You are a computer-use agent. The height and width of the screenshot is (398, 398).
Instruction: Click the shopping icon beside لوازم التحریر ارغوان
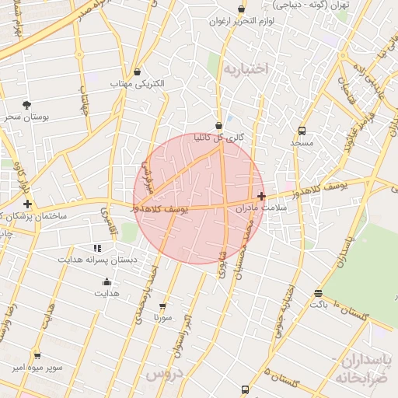click(x=241, y=9)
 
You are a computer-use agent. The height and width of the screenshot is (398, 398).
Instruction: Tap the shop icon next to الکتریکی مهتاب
click(x=138, y=72)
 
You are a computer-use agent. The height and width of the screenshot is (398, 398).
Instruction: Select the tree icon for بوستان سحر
click(x=27, y=105)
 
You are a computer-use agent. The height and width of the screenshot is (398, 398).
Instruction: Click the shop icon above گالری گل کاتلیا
click(x=218, y=125)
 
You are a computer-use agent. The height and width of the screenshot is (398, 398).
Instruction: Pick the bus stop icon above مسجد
click(x=302, y=131)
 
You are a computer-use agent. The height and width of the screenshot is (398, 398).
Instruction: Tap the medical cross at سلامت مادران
click(x=261, y=197)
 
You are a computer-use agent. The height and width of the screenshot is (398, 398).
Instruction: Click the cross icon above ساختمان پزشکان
click(x=28, y=203)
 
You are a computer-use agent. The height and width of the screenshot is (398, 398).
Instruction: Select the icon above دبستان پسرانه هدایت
click(x=97, y=248)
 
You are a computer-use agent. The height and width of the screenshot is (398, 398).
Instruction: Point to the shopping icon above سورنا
click(x=162, y=305)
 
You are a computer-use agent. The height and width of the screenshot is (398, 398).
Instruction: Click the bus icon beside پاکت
click(x=318, y=293)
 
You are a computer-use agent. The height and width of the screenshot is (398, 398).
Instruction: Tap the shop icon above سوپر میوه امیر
click(x=37, y=355)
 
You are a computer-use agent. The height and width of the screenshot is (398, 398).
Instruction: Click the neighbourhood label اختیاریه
click(x=245, y=69)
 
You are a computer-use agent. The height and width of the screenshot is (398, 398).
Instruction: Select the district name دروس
click(x=163, y=374)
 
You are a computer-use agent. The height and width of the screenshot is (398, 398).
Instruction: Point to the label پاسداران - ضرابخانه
click(x=366, y=368)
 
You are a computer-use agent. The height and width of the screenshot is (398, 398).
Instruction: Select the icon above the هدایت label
click(x=106, y=282)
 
